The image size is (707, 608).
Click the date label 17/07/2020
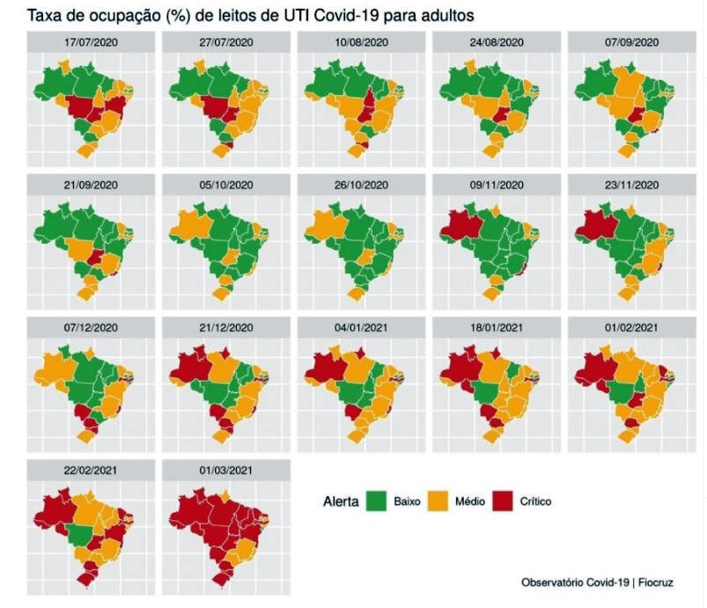coord(91,41)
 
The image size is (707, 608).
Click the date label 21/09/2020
coord(91,184)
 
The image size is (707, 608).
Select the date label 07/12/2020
coord(91,326)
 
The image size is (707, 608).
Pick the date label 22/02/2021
coord(91,468)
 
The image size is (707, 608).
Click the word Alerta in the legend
coord(341,502)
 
